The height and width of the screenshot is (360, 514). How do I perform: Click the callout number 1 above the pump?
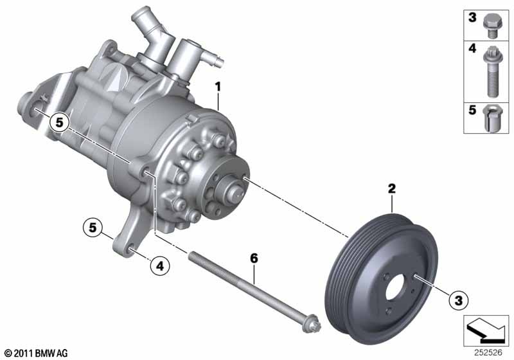click(218, 87)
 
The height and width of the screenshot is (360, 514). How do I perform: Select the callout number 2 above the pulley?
click(391, 188)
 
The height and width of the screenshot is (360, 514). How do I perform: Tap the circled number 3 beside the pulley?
click(458, 300)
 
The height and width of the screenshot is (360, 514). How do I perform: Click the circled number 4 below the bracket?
click(159, 265)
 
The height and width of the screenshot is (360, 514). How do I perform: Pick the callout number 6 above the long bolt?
click(254, 258)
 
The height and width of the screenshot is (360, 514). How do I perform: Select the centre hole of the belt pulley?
click(396, 287)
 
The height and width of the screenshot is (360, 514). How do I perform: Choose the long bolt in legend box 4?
click(492, 71)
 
